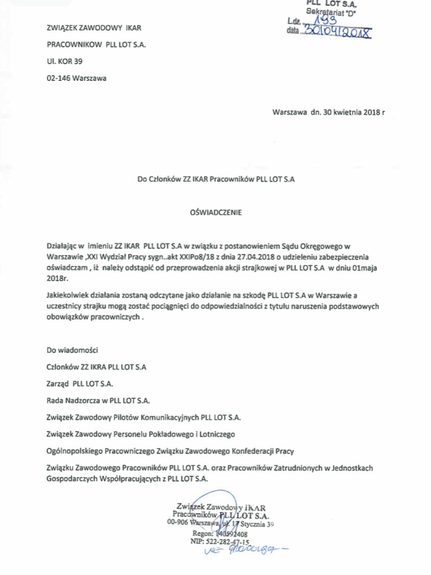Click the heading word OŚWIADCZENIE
[x=215, y=212]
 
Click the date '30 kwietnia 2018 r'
[x=352, y=112]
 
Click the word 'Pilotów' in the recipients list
[x=130, y=417]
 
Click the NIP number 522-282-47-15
[x=227, y=542]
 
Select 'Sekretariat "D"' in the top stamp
[x=331, y=11]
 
